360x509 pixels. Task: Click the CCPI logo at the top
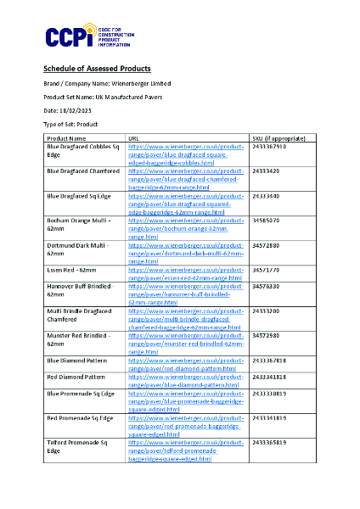74,36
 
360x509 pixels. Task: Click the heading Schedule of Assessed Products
97,68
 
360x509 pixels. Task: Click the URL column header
133,137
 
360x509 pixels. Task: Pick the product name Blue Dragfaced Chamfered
83,171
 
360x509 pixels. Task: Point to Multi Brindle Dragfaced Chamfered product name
79,316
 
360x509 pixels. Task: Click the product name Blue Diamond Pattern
76,361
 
